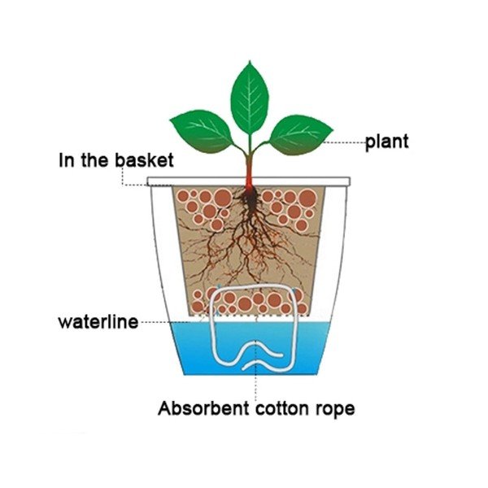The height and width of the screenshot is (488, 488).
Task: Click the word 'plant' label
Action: pos(386,143)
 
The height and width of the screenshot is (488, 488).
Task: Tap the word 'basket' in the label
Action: pos(144,160)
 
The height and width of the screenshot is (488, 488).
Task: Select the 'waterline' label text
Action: pos(98,321)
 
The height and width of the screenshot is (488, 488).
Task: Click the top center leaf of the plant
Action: pos(250,98)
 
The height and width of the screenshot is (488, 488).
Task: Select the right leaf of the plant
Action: pos(301,135)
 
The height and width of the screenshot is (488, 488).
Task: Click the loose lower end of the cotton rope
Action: pos(244,368)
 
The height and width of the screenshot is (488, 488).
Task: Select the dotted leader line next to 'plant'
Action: pos(345,143)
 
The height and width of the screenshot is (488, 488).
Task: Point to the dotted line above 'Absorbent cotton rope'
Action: pos(256,370)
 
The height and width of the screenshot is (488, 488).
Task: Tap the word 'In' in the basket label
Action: pos(67,160)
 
